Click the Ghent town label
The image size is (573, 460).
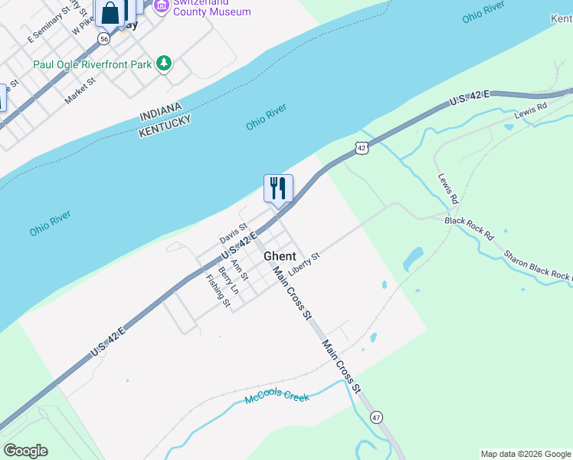click(x=280, y=256)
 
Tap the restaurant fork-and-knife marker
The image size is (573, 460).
click(x=278, y=187)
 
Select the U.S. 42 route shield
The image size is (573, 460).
click(x=362, y=147)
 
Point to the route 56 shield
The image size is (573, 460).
click(x=104, y=38)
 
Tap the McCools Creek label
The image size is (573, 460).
click(x=277, y=398)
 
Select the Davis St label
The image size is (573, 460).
click(x=234, y=232)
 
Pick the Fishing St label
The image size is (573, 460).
click(x=218, y=291)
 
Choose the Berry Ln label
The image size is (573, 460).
click(x=228, y=281)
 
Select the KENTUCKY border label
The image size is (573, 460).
click(x=164, y=127)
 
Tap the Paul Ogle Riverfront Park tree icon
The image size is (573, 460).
click(x=164, y=64)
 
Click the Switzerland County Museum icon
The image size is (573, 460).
click(x=161, y=6)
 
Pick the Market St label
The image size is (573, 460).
click(x=80, y=90)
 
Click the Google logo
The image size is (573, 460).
click(x=25, y=451)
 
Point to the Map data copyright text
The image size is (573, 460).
click(x=525, y=454)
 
